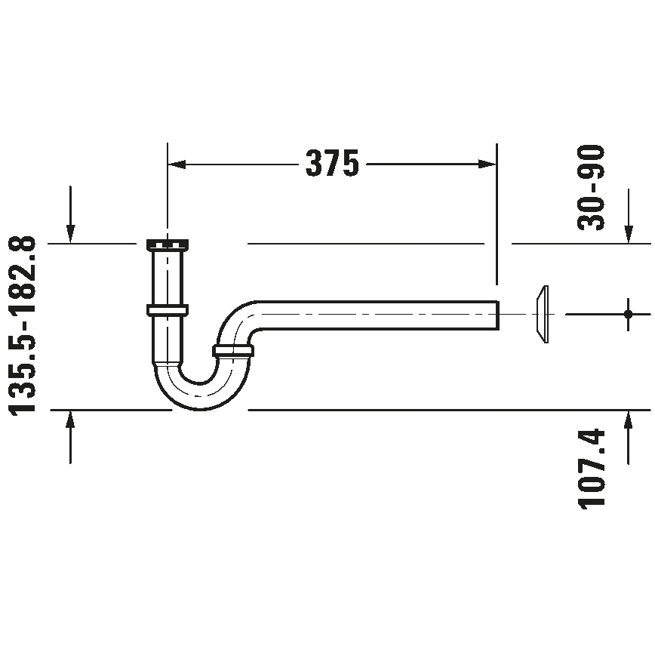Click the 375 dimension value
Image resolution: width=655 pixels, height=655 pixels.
point(331,163)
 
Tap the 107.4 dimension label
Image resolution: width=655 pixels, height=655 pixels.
point(592,469)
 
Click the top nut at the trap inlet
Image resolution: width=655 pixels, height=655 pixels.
point(167,244)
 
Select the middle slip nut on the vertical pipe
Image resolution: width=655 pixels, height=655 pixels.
point(167,309)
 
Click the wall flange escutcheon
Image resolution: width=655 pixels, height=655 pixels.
point(540,313)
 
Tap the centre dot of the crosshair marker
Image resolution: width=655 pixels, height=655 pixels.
point(627,313)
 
